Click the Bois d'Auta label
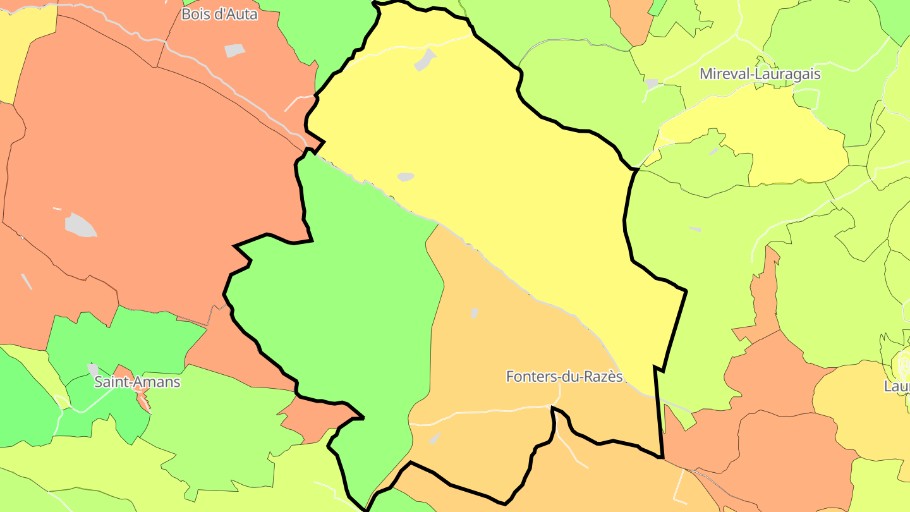219,14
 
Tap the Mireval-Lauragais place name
760,74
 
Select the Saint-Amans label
137,382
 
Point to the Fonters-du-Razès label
564,377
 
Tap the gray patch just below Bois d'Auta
234,51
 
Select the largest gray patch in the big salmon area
81,225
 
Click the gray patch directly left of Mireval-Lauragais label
651,83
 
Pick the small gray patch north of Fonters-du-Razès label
474,313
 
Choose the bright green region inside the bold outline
354,303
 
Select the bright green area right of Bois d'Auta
329,32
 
